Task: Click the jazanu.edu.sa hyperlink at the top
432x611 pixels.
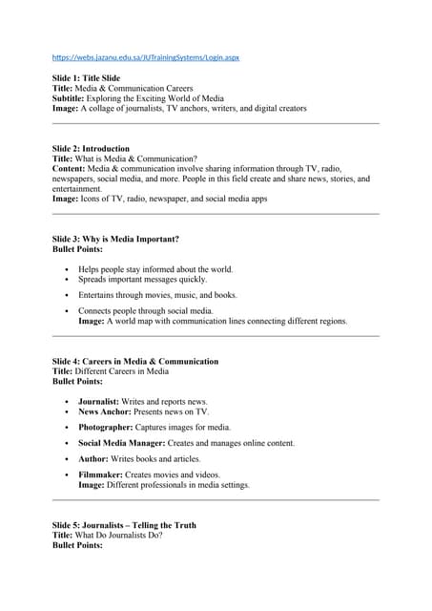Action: [x=146, y=57]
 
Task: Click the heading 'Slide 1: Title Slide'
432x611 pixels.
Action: [x=93, y=76]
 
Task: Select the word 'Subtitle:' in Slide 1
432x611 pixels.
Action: [x=71, y=97]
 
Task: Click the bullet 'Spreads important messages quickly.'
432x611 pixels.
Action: [x=143, y=280]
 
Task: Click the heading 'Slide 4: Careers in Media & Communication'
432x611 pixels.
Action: [x=135, y=362]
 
